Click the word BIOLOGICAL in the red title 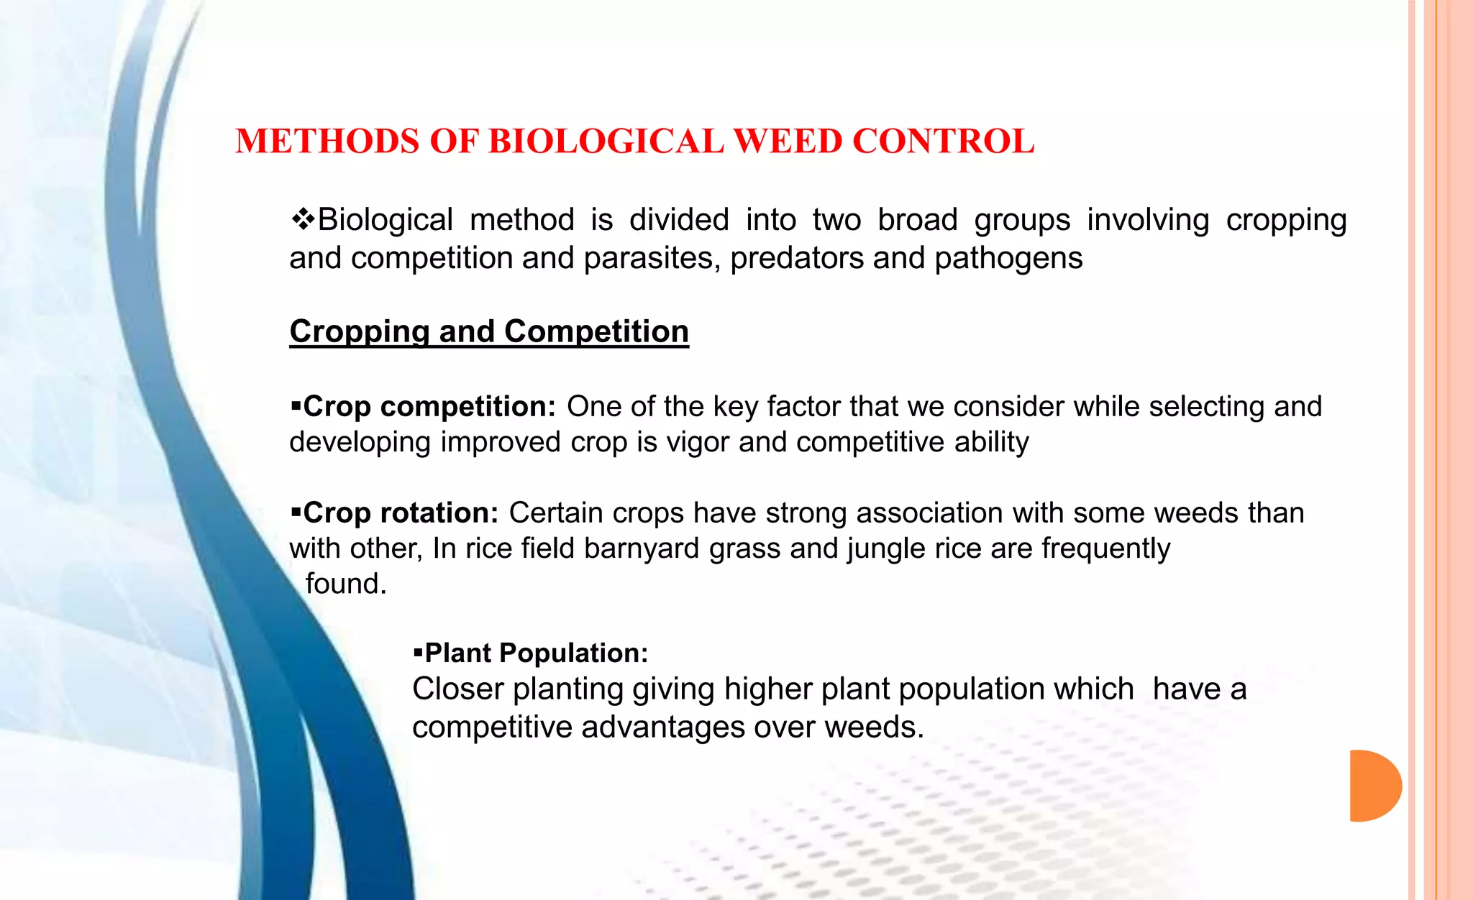pos(606,141)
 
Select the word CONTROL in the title pos(943,141)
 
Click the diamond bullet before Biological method pos(303,219)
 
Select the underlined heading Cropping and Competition pos(489,331)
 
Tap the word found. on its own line pos(346,584)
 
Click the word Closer pos(458,689)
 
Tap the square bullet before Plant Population pos(418,653)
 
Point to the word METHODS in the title pos(327,141)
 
